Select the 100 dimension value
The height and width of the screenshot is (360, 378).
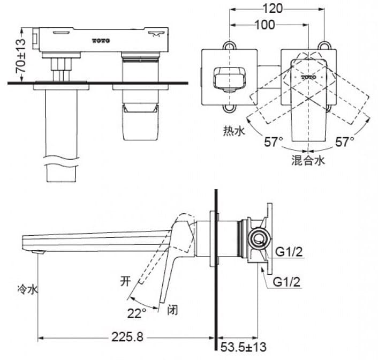pyautogui.click(x=264, y=25)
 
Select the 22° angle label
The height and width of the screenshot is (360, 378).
pyautogui.click(x=137, y=312)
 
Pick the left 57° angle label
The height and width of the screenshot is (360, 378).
pyautogui.click(x=273, y=142)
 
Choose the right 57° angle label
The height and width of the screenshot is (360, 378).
pyautogui.click(x=345, y=142)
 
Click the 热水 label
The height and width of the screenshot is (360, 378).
pyautogui.click(x=234, y=130)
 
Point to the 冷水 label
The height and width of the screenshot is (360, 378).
pyautogui.click(x=27, y=290)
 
